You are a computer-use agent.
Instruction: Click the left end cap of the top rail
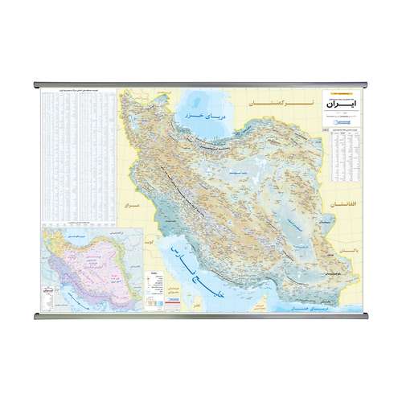[36, 83]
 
